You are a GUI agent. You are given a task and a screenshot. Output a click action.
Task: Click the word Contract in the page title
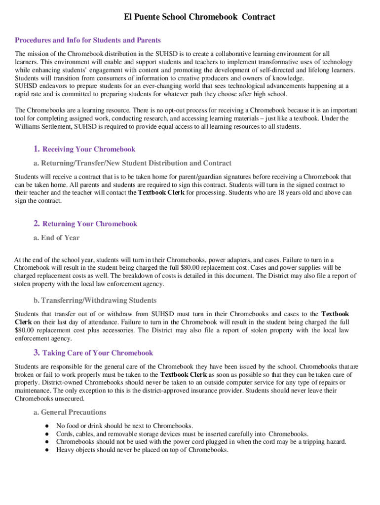258,17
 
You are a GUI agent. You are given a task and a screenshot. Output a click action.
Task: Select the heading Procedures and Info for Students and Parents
88,40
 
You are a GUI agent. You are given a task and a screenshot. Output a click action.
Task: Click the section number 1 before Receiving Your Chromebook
37,149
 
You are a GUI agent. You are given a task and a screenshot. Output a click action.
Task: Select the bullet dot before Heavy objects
46,450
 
